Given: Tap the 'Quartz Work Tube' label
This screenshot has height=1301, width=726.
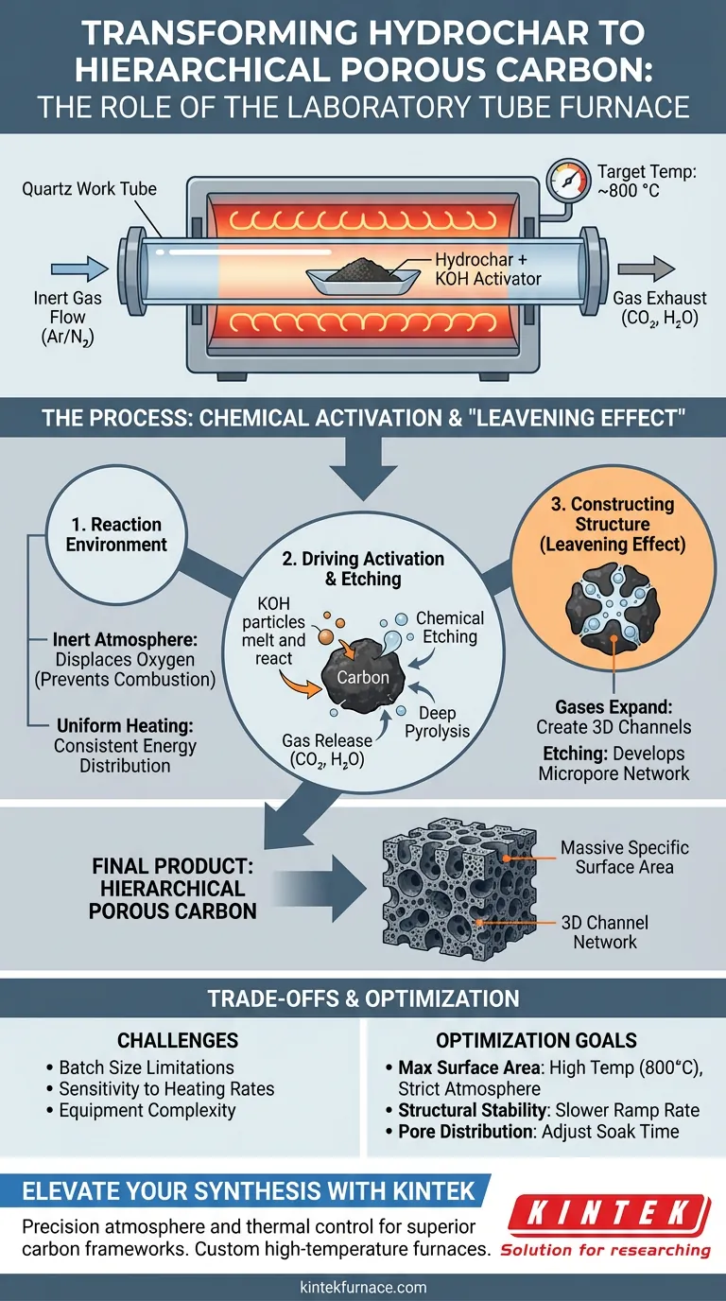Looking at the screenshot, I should (89, 188).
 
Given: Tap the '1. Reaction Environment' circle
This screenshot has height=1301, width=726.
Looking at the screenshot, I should (116, 535).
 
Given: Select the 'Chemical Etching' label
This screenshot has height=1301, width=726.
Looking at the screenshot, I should (450, 628).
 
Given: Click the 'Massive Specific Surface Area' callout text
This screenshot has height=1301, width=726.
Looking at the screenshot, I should (625, 856).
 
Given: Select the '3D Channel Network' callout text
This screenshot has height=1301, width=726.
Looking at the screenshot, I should (605, 931).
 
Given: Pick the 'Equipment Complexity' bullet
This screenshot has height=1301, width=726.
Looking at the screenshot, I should (147, 1110).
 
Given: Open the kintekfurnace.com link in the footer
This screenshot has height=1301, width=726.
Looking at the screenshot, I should (363, 1287).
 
